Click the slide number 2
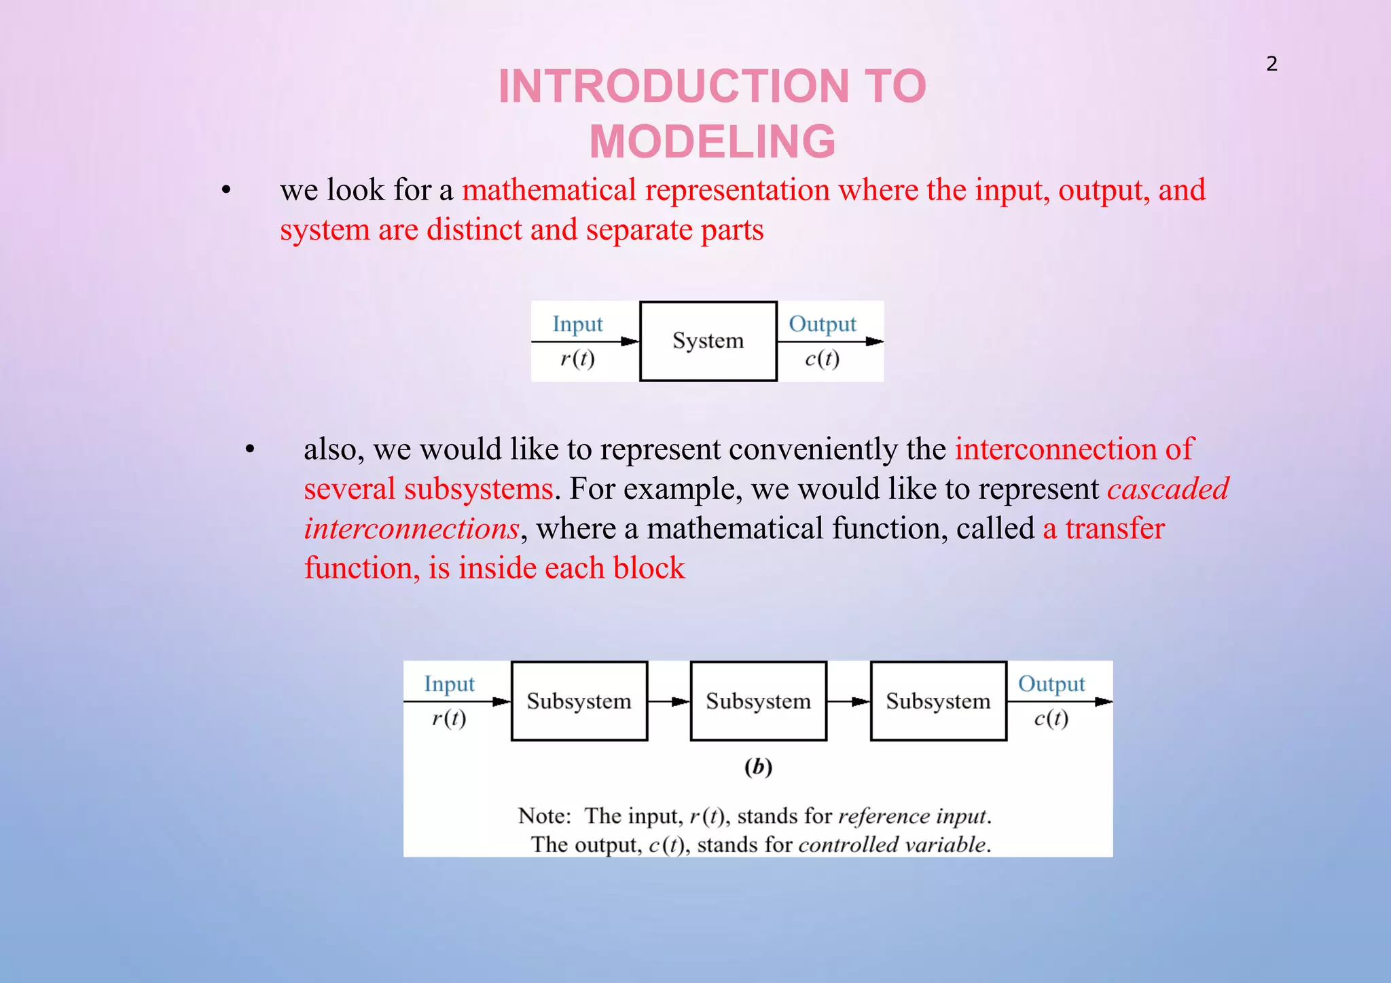[1271, 64]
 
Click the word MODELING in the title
[712, 141]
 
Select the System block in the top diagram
[708, 341]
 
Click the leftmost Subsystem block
[579, 701]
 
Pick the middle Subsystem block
[759, 701]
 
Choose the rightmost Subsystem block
[938, 701]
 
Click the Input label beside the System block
[577, 324]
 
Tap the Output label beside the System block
[822, 324]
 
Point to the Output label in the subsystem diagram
[1051, 684]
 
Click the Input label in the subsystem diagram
[449, 684]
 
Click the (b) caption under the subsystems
[758, 767]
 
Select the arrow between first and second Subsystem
[669, 701]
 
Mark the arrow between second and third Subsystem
[848, 701]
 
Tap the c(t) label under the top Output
[822, 358]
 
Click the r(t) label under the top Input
[577, 358]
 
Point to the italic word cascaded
[1168, 489]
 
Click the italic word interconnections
[412, 529]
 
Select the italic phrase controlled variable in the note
[894, 845]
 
